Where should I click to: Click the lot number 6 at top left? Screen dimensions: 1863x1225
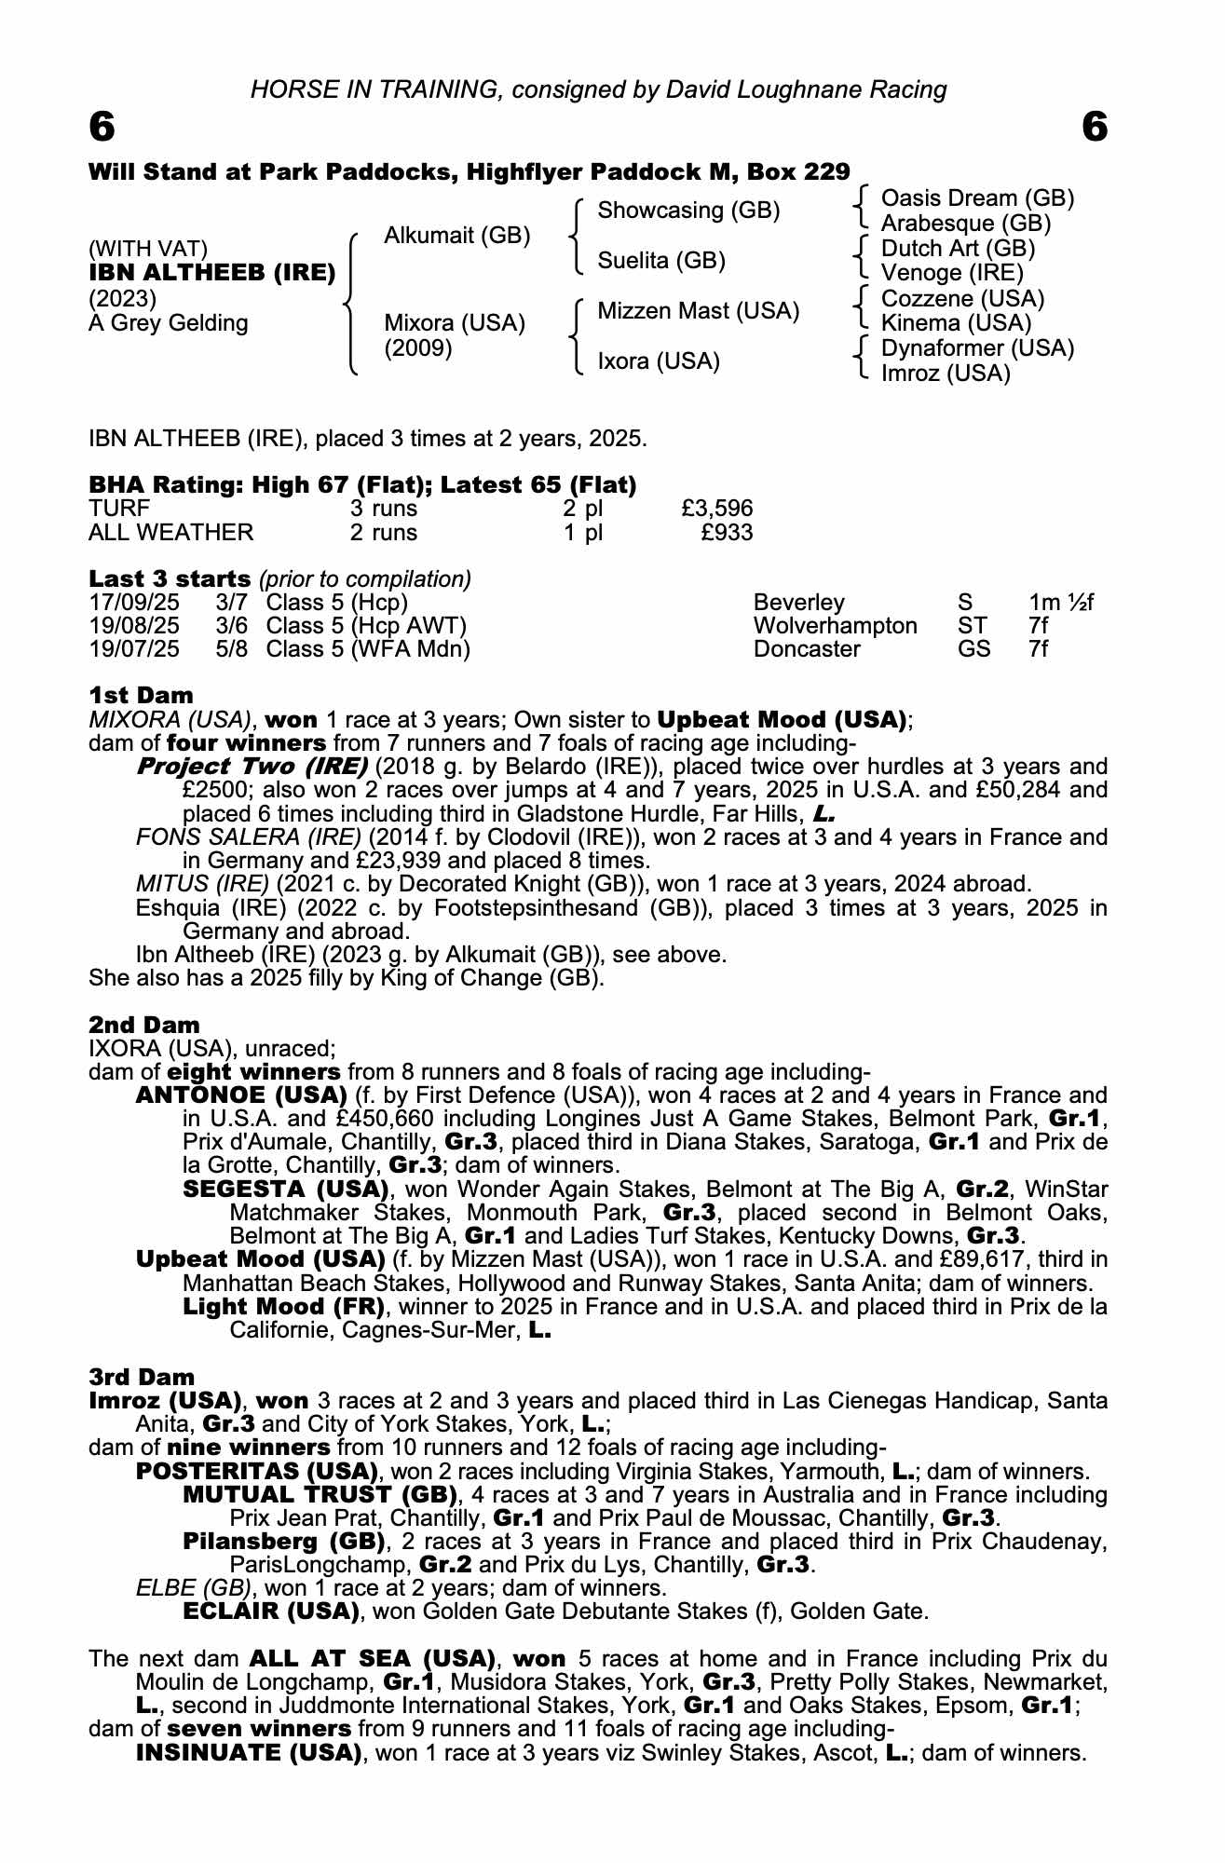pos(102,128)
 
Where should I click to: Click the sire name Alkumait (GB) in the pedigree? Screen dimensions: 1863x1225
pos(456,236)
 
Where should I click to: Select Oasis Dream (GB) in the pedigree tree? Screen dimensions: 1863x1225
pos(977,198)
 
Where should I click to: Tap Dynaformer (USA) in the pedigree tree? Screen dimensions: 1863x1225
pos(977,348)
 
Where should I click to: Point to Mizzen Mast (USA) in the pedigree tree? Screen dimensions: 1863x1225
pos(698,311)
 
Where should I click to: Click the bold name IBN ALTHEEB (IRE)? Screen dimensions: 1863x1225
pos(211,273)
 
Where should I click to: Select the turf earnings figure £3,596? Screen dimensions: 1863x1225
pos(716,509)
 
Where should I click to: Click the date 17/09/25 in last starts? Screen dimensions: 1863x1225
pos(134,603)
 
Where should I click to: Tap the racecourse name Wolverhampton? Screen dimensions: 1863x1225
pos(835,626)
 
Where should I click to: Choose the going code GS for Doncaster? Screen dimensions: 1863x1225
pos(973,649)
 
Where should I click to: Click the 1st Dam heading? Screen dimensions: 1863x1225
pos(141,695)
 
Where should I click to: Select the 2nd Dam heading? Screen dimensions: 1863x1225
pos(144,1026)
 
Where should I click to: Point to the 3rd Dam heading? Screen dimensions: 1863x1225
pos(142,1377)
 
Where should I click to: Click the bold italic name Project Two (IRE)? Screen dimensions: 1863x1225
pos(252,767)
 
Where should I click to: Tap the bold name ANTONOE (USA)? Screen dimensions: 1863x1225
pos(241,1095)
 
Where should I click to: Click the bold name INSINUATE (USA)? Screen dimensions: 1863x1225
pos(248,1752)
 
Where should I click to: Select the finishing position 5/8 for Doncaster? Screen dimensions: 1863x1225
pos(232,649)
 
